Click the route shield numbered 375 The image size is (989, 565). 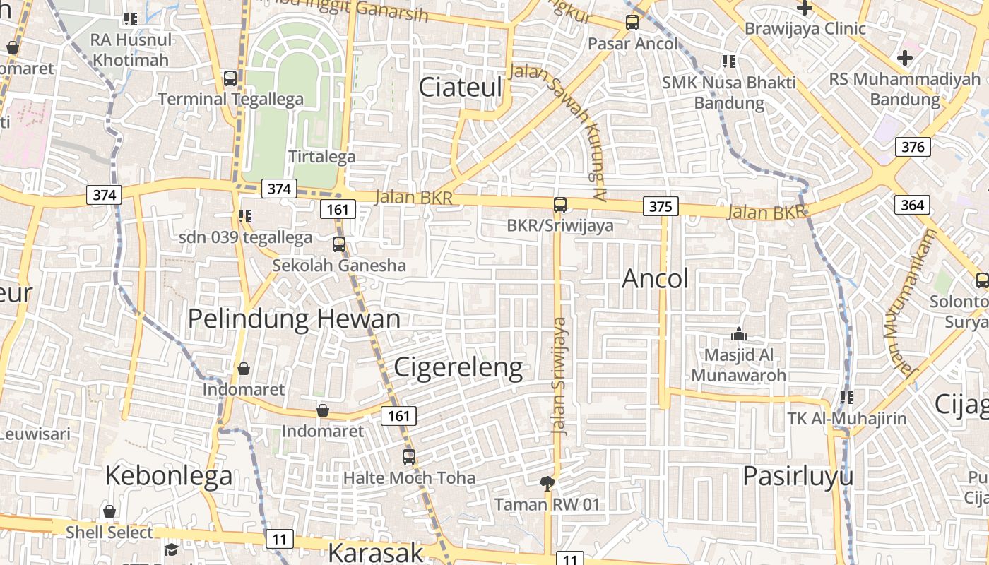tap(661, 206)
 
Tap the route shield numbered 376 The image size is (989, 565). tap(913, 147)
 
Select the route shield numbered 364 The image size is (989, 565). tap(913, 205)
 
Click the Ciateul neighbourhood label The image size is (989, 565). tap(461, 88)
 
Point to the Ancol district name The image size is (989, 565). tap(655, 279)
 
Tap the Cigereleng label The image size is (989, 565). tap(458, 367)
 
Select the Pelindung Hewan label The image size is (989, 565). tap(294, 319)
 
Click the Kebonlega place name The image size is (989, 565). tap(169, 476)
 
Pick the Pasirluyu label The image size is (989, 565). tap(798, 476)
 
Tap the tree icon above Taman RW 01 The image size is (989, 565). tap(547, 484)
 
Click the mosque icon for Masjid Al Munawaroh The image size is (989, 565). tap(739, 334)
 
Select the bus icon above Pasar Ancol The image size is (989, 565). tap(632, 23)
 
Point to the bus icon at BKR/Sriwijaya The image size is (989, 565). tap(560, 205)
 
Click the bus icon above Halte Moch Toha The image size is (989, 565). tap(409, 457)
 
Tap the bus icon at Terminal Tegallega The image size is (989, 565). tap(230, 78)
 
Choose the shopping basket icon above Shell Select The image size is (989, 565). tap(109, 511)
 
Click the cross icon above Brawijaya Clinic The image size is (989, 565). tap(805, 8)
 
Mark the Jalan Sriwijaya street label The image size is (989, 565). tap(559, 376)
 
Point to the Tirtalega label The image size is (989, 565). tap(322, 157)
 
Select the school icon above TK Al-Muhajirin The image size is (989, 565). tap(846, 398)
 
